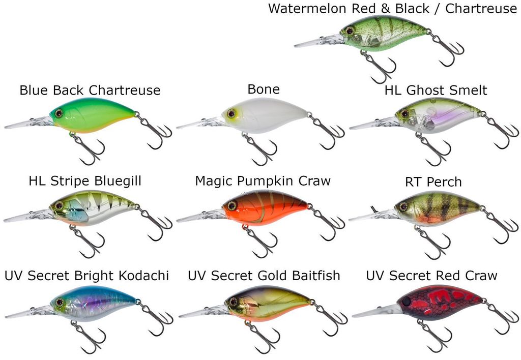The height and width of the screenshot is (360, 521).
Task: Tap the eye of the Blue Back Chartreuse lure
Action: pyautogui.click(x=59, y=113)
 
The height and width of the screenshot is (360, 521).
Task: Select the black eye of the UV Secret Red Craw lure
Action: pyautogui.click(x=406, y=302)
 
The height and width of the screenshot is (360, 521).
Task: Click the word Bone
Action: pyautogui.click(x=264, y=89)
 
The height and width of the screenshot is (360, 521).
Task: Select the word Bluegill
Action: pyautogui.click(x=118, y=182)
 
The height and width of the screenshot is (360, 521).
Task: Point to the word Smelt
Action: pyautogui.click(x=468, y=91)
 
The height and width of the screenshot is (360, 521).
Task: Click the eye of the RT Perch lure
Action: pyautogui.click(x=403, y=206)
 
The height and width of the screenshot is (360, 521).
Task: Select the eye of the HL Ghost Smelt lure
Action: pyautogui.click(x=404, y=114)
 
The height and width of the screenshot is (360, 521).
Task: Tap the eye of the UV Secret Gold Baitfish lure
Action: pyautogui.click(x=234, y=302)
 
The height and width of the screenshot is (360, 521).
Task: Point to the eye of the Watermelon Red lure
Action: pyautogui.click(x=350, y=31)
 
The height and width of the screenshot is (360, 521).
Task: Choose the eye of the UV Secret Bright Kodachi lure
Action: pyautogui.click(x=60, y=303)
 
